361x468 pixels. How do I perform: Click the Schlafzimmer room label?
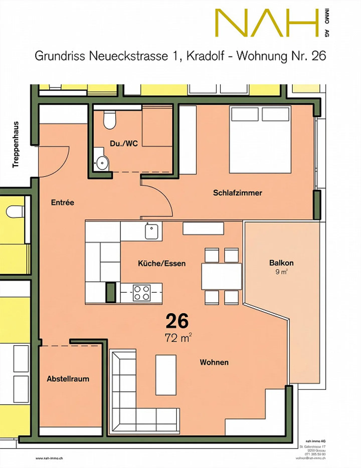(x=237, y=193)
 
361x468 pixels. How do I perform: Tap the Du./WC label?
(x=124, y=143)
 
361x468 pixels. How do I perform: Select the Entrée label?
(x=62, y=202)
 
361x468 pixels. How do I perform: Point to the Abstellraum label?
(x=68, y=379)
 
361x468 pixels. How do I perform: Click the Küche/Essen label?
(x=162, y=263)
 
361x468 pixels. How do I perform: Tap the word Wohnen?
(x=214, y=362)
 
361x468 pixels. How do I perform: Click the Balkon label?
(x=281, y=263)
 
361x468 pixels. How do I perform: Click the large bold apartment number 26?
(x=177, y=321)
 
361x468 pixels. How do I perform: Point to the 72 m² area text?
(x=178, y=338)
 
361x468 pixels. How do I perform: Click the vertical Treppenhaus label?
(x=16, y=145)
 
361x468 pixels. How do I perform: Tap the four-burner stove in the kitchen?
(x=142, y=293)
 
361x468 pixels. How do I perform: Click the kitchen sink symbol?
(x=152, y=231)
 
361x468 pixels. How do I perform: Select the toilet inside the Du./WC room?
(x=110, y=120)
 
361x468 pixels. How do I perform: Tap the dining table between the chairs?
(x=221, y=276)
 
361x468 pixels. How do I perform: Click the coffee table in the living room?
(x=166, y=375)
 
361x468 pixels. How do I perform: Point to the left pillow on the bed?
(x=245, y=114)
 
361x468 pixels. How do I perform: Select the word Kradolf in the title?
(x=205, y=56)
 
